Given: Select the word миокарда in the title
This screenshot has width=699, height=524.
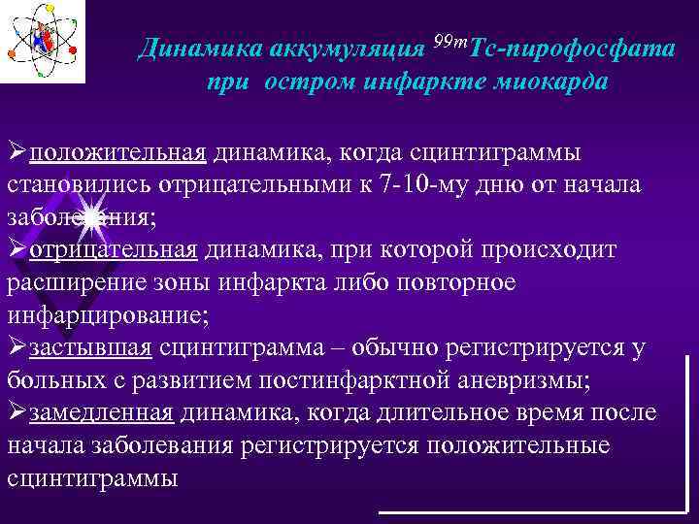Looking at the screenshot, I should [554, 82].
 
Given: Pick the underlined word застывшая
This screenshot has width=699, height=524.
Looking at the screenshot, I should [90, 347].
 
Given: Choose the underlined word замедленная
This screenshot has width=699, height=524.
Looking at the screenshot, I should [101, 413].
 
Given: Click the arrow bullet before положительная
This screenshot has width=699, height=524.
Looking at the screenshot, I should [17, 153].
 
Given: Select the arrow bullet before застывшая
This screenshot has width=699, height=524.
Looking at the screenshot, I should [17, 347].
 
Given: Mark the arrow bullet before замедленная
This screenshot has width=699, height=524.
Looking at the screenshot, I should [17, 413].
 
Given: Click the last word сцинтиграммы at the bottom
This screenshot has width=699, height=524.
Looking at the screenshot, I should [92, 478].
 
